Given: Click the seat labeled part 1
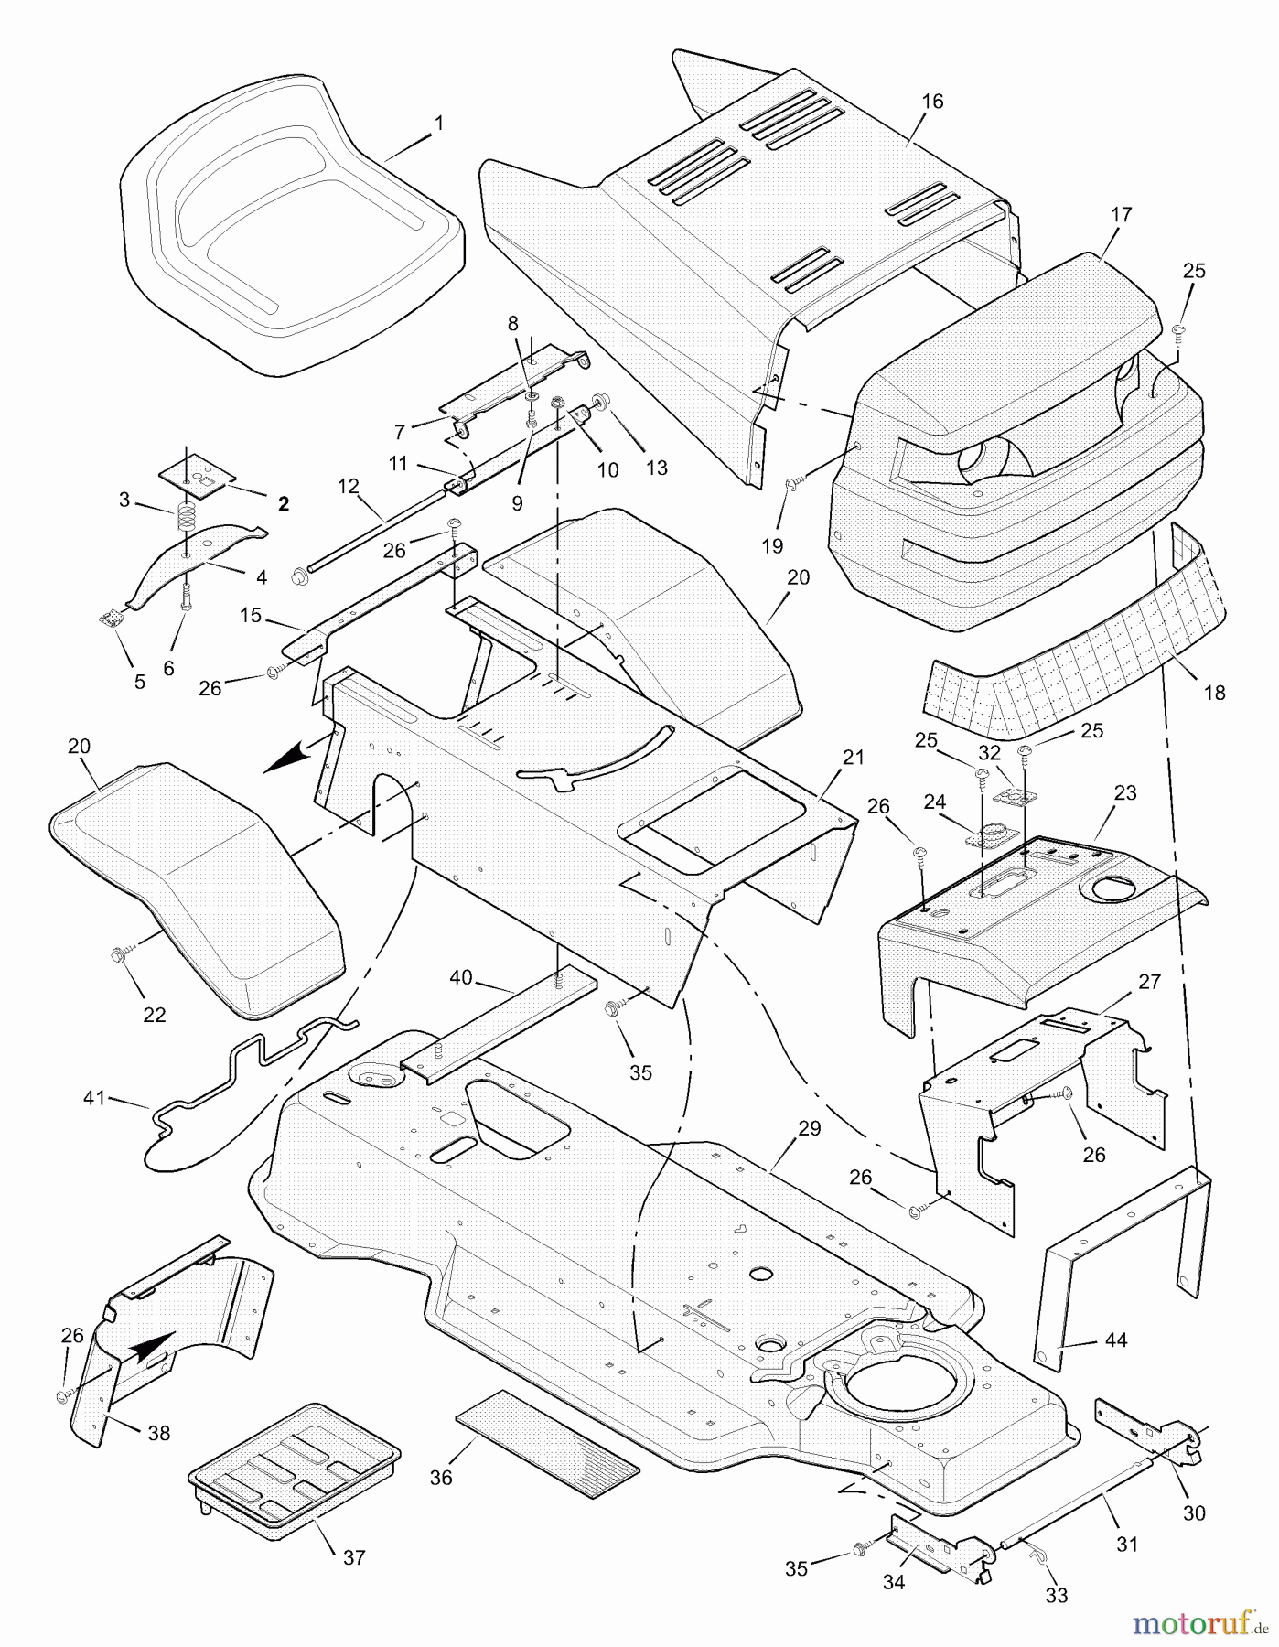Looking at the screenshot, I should pyautogui.click(x=293, y=229).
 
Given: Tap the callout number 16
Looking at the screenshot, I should pyautogui.click(x=932, y=102).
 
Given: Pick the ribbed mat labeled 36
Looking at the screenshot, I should pyautogui.click(x=546, y=1445).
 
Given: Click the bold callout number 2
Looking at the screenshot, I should pyautogui.click(x=284, y=504).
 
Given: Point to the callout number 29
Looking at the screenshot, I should pyautogui.click(x=810, y=1129).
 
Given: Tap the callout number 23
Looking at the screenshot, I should pyautogui.click(x=1125, y=792).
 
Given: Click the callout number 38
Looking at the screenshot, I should pyautogui.click(x=159, y=1433).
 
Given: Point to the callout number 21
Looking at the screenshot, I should pyautogui.click(x=853, y=758).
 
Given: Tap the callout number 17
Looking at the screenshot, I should pyautogui.click(x=1122, y=215).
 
